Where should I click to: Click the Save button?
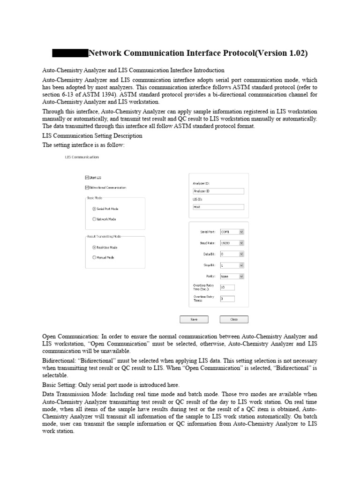click(x=194, y=319)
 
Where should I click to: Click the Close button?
click(x=234, y=319)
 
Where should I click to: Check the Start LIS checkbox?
click(x=87, y=178)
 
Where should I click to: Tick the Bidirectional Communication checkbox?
click(x=87, y=187)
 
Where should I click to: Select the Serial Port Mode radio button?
click(x=94, y=209)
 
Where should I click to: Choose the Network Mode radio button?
click(x=94, y=219)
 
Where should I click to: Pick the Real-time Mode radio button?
click(x=94, y=247)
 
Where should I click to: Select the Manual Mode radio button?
click(x=94, y=257)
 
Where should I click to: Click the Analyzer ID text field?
click(x=218, y=191)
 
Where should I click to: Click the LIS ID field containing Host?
click(x=218, y=207)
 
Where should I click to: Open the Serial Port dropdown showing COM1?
click(x=232, y=232)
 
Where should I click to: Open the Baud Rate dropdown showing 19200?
click(x=232, y=243)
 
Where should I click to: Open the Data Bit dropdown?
click(x=232, y=254)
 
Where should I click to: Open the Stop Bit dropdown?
click(x=232, y=265)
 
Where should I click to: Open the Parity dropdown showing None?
click(x=232, y=277)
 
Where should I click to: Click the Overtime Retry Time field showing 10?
click(x=227, y=287)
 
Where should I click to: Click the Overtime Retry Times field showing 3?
click(x=227, y=299)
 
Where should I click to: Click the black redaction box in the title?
click(x=70, y=53)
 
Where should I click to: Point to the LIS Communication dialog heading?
click(x=82, y=157)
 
